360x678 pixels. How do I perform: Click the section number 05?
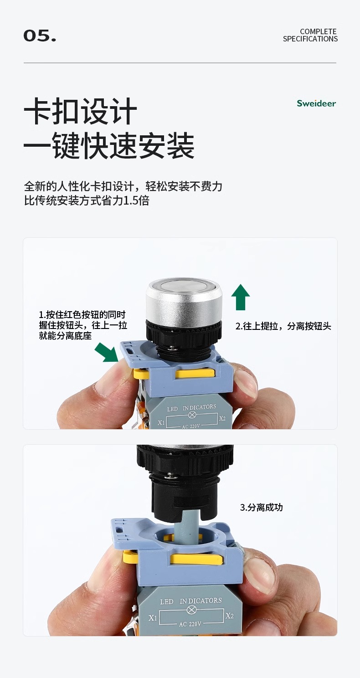point(40,36)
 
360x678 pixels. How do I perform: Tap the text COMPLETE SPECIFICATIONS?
point(310,35)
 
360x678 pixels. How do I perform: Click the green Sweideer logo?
point(316,103)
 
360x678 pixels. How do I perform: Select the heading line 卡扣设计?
point(81,111)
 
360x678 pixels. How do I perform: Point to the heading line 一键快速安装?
point(109,145)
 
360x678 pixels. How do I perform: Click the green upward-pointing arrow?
point(241,297)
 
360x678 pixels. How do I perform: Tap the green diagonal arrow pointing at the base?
point(107,352)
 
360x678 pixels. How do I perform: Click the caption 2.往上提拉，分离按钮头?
point(283,326)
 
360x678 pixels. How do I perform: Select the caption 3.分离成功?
point(261,507)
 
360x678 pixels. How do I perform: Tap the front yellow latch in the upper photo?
point(195,373)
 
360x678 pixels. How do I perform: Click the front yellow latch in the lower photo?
point(197,560)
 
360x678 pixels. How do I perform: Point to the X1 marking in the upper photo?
point(161,422)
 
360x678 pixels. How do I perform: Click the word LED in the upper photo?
point(172,409)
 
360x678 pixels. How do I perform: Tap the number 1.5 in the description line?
point(132,200)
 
